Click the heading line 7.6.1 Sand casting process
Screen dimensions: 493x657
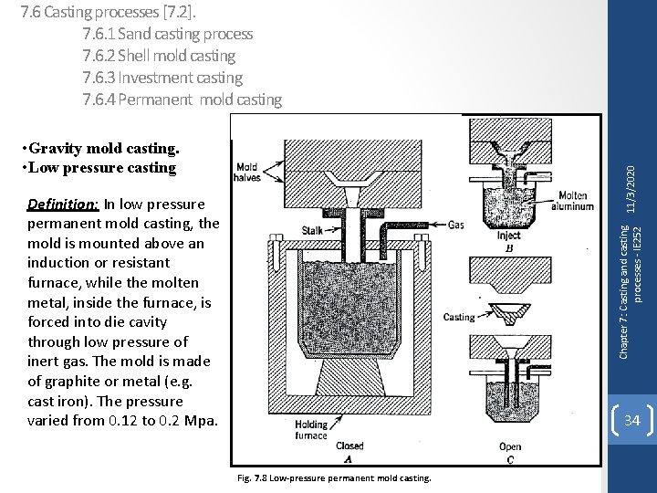click(x=168, y=35)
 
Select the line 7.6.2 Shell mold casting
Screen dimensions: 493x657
click(x=159, y=57)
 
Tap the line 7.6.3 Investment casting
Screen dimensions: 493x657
click(x=162, y=79)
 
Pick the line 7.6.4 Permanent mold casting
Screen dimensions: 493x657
click(x=182, y=100)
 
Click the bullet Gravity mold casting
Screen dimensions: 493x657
click(x=102, y=148)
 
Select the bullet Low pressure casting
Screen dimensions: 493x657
click(x=99, y=167)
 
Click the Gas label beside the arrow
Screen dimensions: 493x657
click(x=456, y=224)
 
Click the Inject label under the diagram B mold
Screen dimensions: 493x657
click(x=508, y=235)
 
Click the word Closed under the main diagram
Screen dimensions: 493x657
click(x=349, y=446)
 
